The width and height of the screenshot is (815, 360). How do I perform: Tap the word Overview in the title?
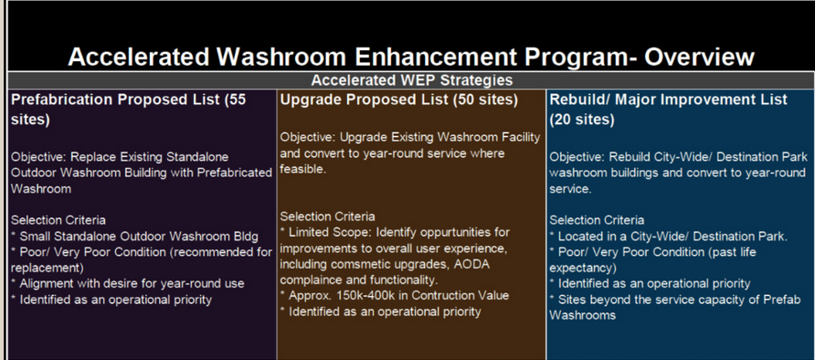(x=699, y=57)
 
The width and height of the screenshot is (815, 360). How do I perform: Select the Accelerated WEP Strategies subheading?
(x=412, y=80)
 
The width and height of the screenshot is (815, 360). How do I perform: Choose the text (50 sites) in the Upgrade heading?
(x=485, y=100)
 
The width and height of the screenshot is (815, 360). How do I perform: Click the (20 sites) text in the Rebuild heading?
(x=582, y=120)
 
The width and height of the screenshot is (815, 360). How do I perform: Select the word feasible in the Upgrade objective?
(x=303, y=169)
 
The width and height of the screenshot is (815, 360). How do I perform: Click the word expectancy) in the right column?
(x=583, y=269)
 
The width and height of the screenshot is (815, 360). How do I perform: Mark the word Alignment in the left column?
(x=45, y=284)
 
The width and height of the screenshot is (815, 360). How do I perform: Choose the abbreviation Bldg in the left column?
(x=246, y=237)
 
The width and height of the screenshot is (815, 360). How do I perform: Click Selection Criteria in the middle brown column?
(x=327, y=217)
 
